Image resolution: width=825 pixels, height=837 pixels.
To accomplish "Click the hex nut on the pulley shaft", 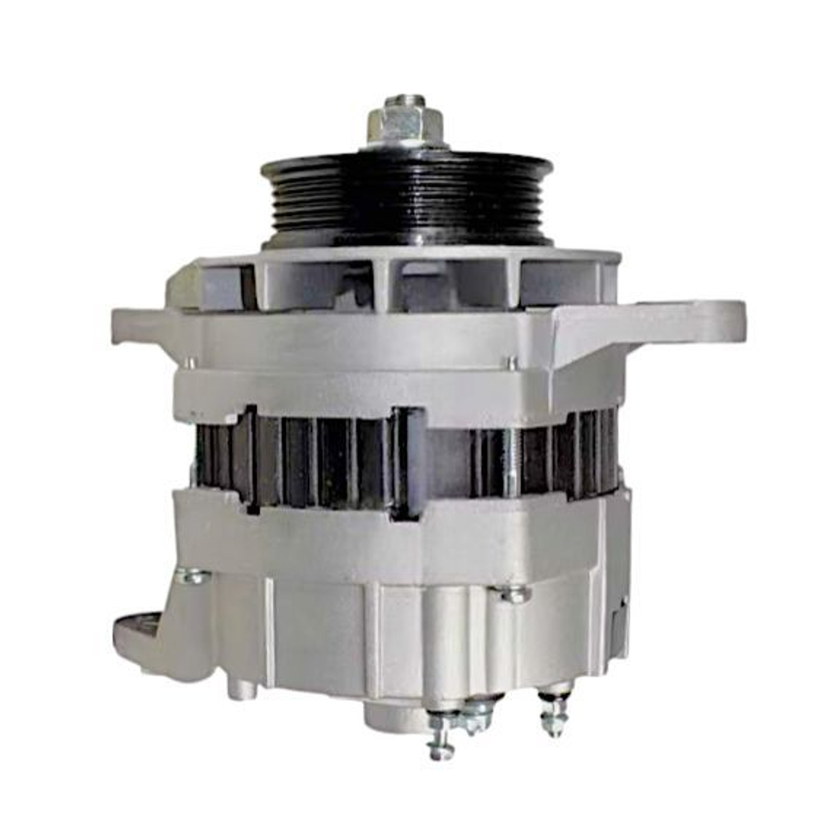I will point(404,124).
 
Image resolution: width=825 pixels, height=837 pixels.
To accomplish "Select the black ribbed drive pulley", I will point(407,198).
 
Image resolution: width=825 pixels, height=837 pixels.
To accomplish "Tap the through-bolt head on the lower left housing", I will point(193,577).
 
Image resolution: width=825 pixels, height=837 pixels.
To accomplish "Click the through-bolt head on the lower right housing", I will point(513,593).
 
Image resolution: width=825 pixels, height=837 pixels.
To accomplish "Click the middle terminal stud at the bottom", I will point(476,718).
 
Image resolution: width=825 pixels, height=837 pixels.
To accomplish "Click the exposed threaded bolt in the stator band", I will point(513,462).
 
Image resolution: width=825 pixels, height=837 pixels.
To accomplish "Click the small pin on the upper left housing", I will point(191,362).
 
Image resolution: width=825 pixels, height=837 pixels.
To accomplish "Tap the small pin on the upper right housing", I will point(511,362).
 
